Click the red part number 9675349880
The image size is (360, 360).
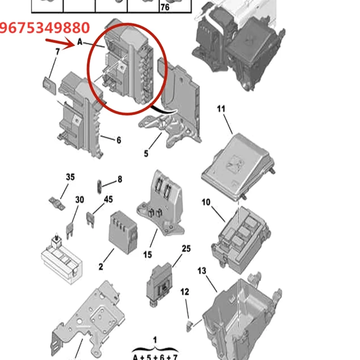[x=45, y=28]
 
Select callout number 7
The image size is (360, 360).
[x=57, y=52]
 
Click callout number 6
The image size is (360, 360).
[x=119, y=140]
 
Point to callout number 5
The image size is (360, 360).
[x=146, y=153]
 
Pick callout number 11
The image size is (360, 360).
[x=220, y=109]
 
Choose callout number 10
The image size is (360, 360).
[x=206, y=202]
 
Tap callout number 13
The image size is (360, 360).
[x=202, y=271]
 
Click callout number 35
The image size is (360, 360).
[x=70, y=177]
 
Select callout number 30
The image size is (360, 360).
[x=80, y=199]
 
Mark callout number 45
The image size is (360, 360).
[x=108, y=199]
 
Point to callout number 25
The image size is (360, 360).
[x=186, y=248]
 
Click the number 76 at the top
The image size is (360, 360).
[x=165, y=8]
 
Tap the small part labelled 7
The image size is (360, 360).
[x=49, y=85]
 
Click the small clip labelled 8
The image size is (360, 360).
[x=99, y=184]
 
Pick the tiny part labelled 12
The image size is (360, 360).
[x=189, y=323]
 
